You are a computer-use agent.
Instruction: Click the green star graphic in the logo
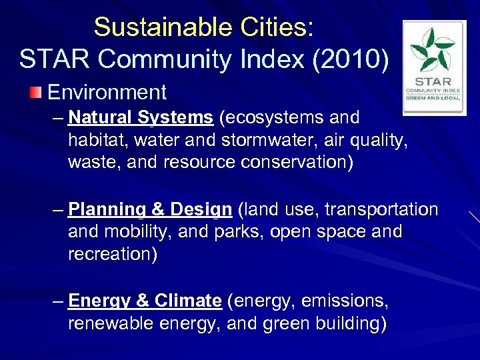point(434,51)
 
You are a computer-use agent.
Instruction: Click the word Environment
point(107,92)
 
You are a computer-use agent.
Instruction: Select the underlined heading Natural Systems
point(140,118)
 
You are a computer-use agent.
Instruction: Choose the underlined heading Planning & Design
point(150,209)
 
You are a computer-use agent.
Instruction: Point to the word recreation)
point(112,255)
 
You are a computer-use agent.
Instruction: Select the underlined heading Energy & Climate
point(145,301)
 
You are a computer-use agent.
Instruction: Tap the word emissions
point(344,301)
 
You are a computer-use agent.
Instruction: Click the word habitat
point(93,141)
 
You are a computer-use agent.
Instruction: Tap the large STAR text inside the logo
point(434,82)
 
